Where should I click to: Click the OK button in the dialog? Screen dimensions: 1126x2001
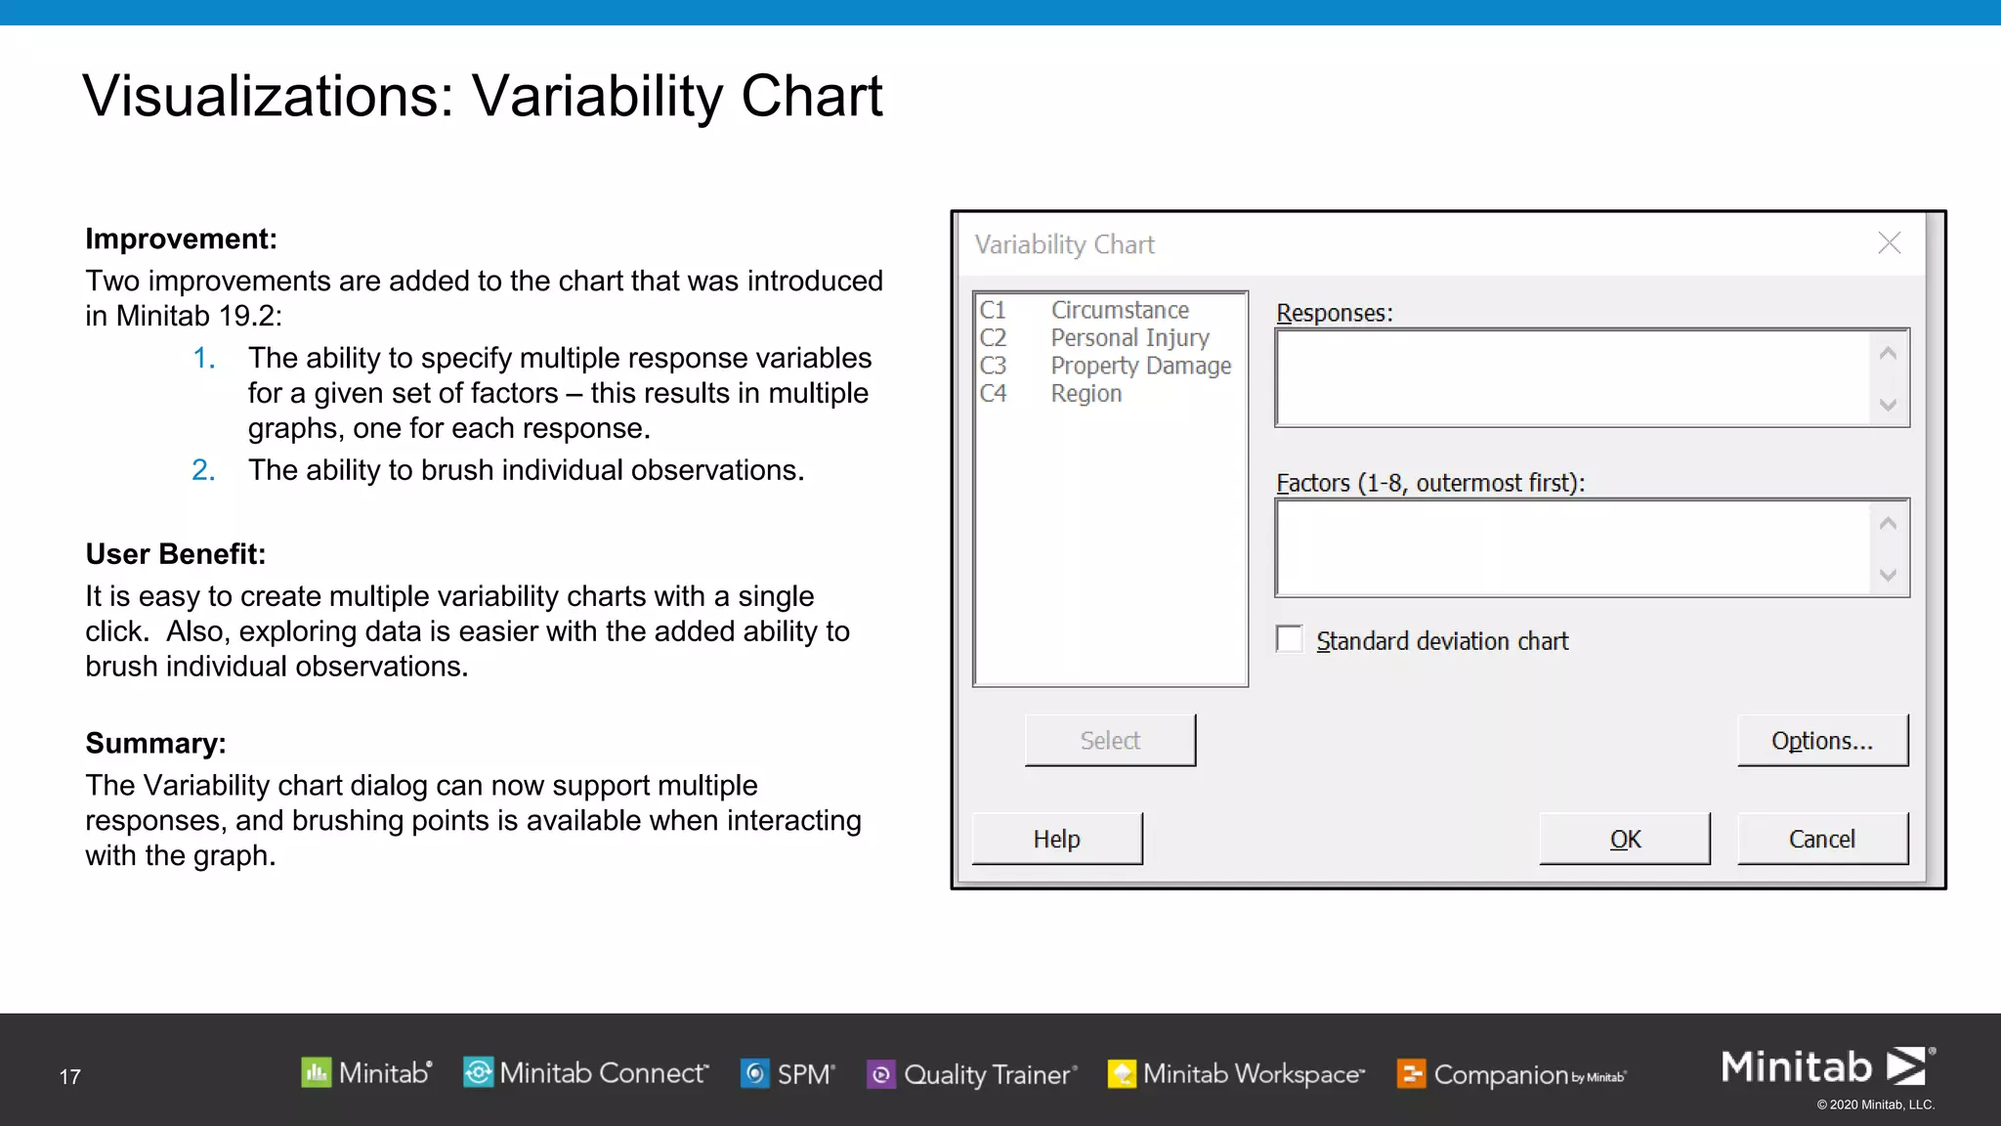1624,839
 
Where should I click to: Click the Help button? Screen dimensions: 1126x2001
1056,839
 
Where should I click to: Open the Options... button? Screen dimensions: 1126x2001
1821,741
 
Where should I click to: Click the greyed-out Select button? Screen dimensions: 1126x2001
1110,741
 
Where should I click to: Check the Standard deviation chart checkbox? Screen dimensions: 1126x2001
1290,639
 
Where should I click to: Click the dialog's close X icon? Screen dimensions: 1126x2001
1889,243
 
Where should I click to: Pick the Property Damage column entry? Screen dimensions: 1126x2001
1139,366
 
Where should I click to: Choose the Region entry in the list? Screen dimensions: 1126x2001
1086,394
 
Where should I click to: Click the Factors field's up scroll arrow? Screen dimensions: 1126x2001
1888,524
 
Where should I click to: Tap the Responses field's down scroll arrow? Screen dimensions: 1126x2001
1888,405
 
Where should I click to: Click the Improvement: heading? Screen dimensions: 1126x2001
181,238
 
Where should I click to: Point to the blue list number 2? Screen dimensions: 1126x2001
203,470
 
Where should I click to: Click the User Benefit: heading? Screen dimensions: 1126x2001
175,554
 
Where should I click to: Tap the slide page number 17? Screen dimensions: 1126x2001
69,1077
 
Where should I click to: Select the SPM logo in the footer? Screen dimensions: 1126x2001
788,1074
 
